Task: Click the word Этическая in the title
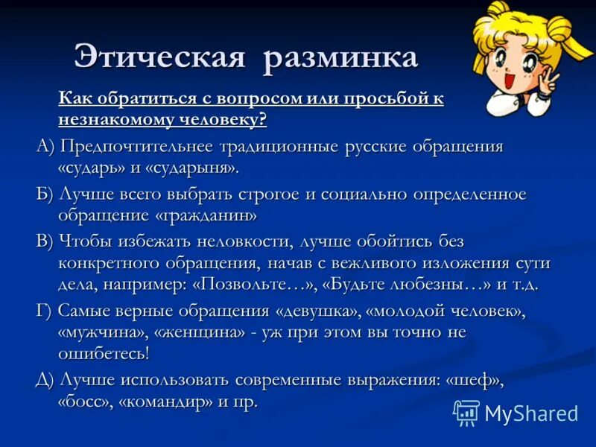click(159, 57)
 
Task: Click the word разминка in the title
click(340, 57)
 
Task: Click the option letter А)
click(46, 146)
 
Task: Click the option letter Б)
click(45, 194)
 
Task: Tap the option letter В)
click(46, 242)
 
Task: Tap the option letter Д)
click(46, 380)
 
